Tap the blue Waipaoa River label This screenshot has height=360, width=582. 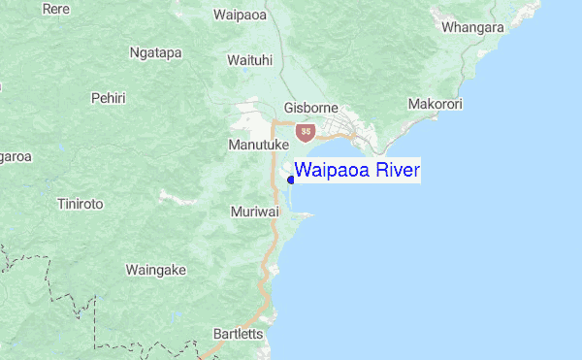(x=357, y=172)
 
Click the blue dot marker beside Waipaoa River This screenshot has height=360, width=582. (x=291, y=179)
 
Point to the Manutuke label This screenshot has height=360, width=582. (x=259, y=145)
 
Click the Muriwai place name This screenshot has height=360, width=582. (x=256, y=211)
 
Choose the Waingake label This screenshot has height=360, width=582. (x=155, y=270)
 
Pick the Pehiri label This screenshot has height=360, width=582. (x=108, y=98)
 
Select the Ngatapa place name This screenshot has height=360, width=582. (x=155, y=52)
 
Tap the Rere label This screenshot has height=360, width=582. (x=55, y=10)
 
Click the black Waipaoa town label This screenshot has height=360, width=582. (x=240, y=16)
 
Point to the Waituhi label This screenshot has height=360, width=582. (x=249, y=60)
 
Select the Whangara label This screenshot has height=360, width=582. (x=472, y=27)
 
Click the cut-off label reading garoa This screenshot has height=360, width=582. (x=16, y=156)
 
